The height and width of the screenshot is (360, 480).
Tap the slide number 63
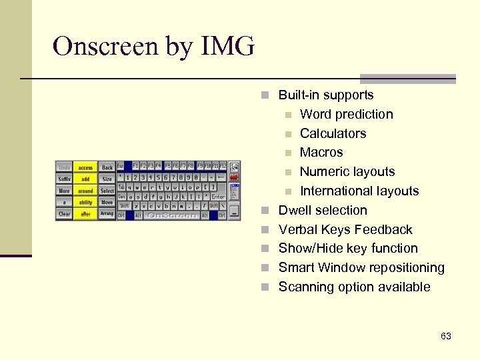coord(446,337)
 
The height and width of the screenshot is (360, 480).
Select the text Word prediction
coord(346,115)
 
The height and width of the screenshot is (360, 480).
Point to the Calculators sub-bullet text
coord(333,133)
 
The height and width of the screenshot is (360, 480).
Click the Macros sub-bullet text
coord(321,153)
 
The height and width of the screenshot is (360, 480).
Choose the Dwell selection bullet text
coord(323,211)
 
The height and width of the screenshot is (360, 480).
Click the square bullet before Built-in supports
coord(265,96)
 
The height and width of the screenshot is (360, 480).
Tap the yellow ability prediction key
coord(85,203)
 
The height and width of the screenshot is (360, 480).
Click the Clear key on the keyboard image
coord(64,214)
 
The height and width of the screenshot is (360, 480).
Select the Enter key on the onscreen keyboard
coord(218,197)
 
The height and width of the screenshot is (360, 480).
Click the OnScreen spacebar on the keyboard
coord(172,215)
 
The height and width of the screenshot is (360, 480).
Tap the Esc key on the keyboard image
coord(121,165)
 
